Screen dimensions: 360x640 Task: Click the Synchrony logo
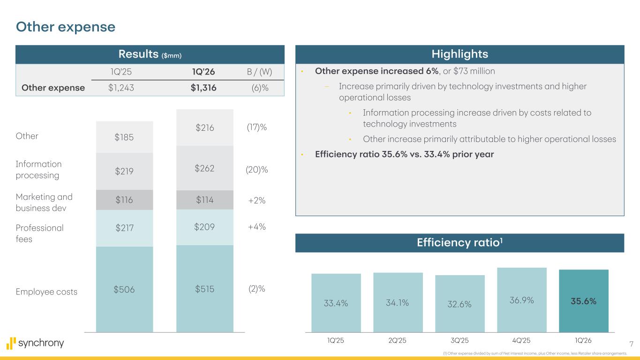point(36,343)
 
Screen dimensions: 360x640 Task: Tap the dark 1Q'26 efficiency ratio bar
point(583,301)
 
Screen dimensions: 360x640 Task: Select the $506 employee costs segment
point(124,289)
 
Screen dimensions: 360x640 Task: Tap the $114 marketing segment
point(204,200)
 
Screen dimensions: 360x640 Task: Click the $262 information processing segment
point(204,168)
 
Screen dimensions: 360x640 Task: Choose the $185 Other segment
point(124,137)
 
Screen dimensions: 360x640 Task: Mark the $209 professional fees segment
point(204,227)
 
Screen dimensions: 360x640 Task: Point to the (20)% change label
point(257,170)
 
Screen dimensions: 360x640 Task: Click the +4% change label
point(256,227)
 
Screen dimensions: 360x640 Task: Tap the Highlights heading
point(459,54)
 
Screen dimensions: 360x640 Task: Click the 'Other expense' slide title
point(66,27)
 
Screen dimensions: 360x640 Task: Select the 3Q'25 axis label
point(459,341)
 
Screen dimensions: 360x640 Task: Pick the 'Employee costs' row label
point(46,292)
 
